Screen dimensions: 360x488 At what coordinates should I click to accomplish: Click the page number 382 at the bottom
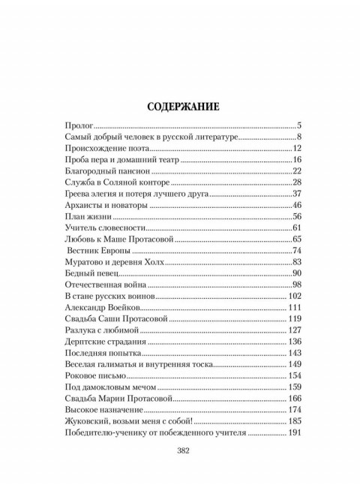click(x=181, y=450)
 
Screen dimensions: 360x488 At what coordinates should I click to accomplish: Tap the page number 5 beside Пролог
click(x=298, y=125)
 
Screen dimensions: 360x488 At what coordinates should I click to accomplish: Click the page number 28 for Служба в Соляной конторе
click(x=295, y=182)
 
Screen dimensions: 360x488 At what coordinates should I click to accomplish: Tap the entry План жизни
click(x=82, y=217)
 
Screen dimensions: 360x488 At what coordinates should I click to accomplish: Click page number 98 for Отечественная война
click(x=295, y=285)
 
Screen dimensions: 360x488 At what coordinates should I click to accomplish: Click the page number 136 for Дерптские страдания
click(x=293, y=342)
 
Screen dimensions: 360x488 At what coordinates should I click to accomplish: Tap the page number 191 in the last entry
click(x=293, y=433)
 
